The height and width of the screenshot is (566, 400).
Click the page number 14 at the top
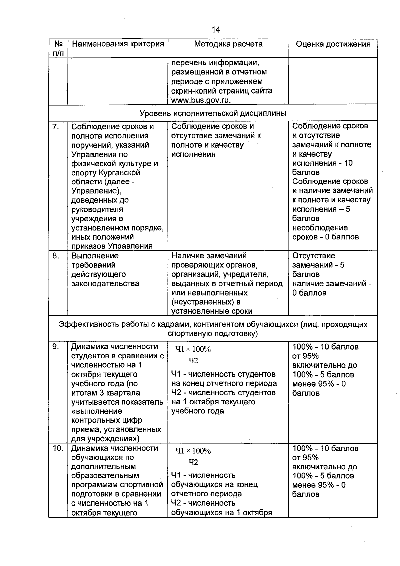pyautogui.click(x=216, y=30)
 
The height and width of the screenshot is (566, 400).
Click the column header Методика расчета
pyautogui.click(x=228, y=44)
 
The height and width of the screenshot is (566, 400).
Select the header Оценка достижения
pyautogui.click(x=333, y=44)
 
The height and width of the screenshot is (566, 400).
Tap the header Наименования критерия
pyautogui.click(x=118, y=44)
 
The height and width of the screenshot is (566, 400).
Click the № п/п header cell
pyautogui.click(x=58, y=48)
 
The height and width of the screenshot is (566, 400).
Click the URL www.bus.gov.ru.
pyautogui.click(x=201, y=100)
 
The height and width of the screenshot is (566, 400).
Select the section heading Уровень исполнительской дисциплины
pyautogui.click(x=213, y=113)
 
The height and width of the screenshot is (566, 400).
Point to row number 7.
pyautogui.click(x=56, y=127)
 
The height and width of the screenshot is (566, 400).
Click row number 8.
pyautogui.click(x=56, y=256)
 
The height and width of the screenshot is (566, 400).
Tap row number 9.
pyautogui.click(x=56, y=347)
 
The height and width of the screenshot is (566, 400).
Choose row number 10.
pyautogui.click(x=58, y=448)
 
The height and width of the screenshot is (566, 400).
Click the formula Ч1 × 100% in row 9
pyautogui.click(x=193, y=349)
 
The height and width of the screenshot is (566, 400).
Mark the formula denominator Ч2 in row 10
pyautogui.click(x=193, y=462)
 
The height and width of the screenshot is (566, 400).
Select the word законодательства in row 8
pyautogui.click(x=105, y=284)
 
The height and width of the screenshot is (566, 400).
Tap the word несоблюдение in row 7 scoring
pyautogui.click(x=320, y=228)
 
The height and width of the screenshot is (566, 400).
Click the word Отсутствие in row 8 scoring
pyautogui.click(x=314, y=256)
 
